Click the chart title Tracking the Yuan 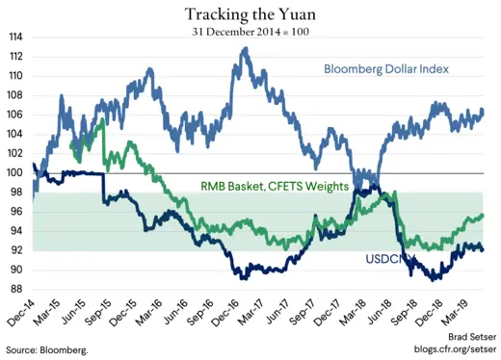point(250,13)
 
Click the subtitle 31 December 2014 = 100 point(250,31)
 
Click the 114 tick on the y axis point(16,38)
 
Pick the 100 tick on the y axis point(16,173)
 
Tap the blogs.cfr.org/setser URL point(450,350)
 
